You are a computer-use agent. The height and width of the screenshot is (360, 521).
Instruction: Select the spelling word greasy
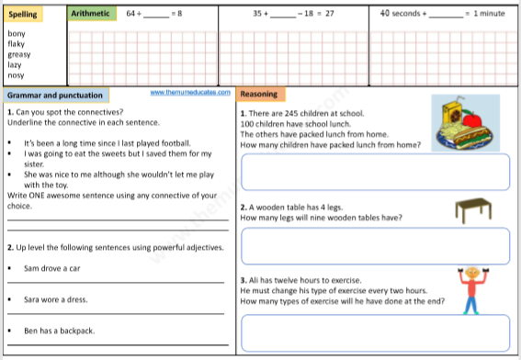[x=18, y=55]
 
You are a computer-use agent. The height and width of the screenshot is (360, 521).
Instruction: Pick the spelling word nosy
[x=16, y=76]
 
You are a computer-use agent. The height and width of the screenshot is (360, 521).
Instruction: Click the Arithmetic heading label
[x=93, y=14]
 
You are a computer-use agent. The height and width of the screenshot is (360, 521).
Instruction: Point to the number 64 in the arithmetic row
[x=131, y=14]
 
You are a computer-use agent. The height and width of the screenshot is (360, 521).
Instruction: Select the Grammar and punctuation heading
[x=53, y=96]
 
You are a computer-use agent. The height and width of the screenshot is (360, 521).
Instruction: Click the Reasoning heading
[x=258, y=95]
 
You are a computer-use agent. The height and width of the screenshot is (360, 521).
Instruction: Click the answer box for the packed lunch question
[x=375, y=170]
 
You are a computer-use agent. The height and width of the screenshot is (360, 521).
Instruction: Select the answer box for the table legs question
[x=375, y=245]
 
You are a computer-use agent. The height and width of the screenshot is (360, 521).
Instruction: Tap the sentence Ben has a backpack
[x=59, y=331]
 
